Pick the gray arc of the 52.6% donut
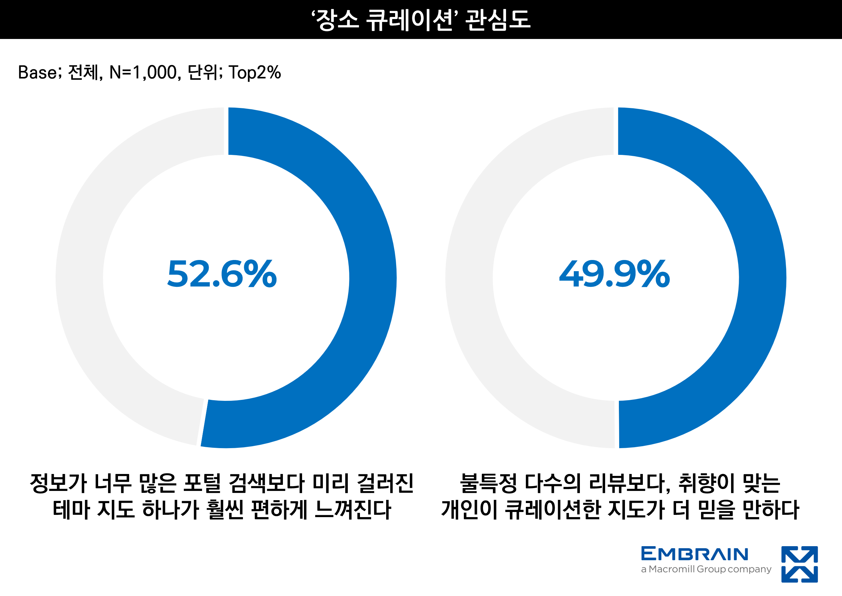pos(79,278)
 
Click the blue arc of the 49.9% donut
pos(762,278)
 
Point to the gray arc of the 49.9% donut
pos(469,278)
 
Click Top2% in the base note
pos(255,72)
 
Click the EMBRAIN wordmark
pos(694,554)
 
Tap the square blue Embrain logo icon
pos(799,564)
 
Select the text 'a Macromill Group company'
pos(706,569)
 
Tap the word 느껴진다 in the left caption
pos(353,509)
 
